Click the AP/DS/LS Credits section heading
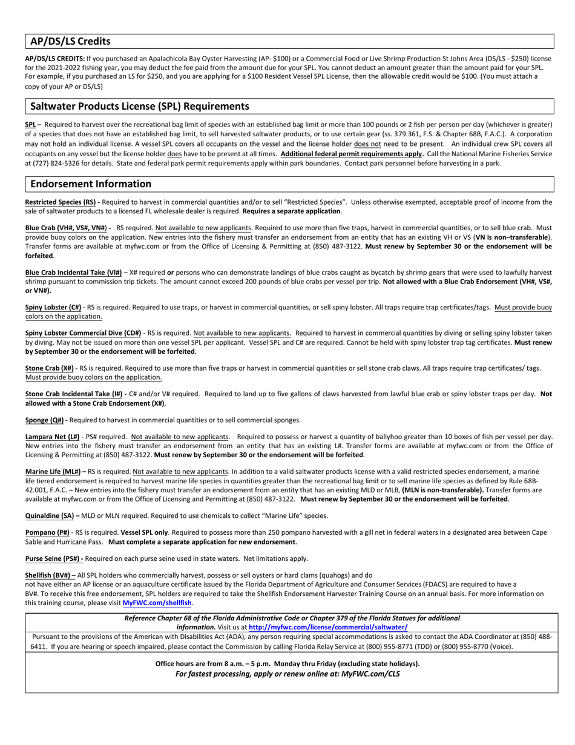click(70, 41)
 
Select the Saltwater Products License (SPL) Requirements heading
click(139, 106)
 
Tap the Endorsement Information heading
click(91, 184)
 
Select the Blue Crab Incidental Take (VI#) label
click(73, 273)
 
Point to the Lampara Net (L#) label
click(52, 437)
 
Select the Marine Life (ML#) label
click(53, 472)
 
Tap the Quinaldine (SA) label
click(50, 516)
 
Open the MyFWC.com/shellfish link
click(157, 603)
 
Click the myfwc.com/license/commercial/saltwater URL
click(327, 627)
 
